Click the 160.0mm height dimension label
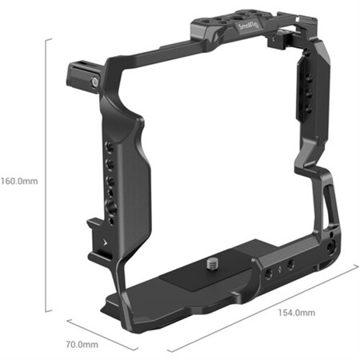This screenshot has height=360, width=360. [x=20, y=180]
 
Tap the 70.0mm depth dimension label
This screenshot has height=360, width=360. [x=82, y=345]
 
